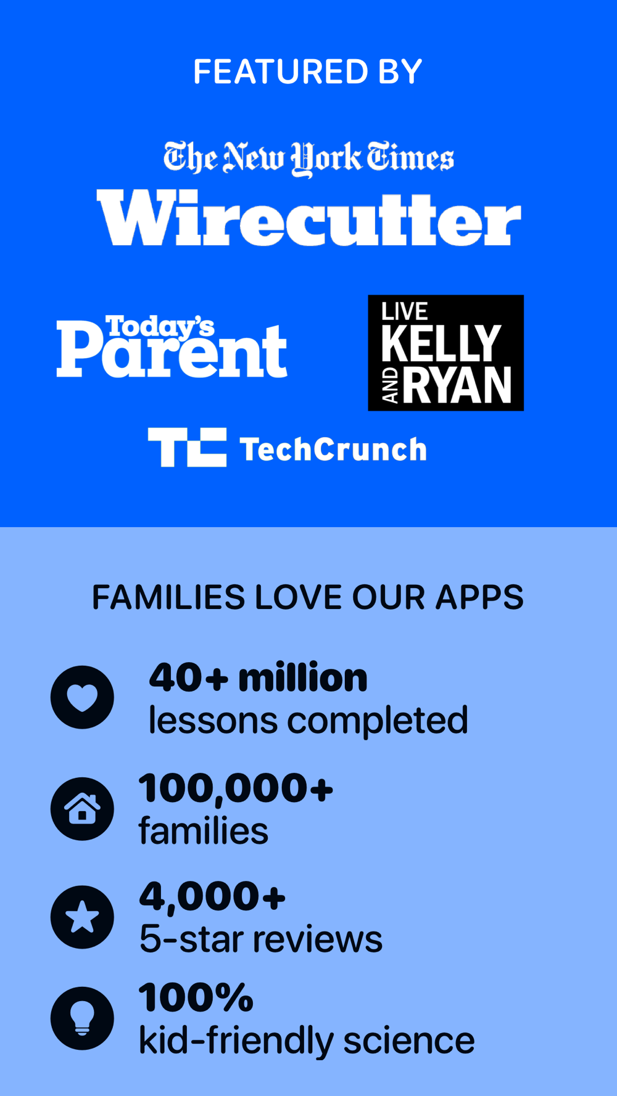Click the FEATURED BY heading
tap(308, 72)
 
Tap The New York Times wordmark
tap(308, 158)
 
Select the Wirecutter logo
tap(309, 218)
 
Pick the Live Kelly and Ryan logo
tap(445, 353)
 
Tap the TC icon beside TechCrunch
tap(187, 447)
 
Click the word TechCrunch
tap(333, 449)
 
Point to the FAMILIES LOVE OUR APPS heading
tap(308, 597)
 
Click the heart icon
tap(82, 697)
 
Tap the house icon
tap(82, 809)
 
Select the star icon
tap(82, 917)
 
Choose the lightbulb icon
tap(82, 1018)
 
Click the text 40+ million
tap(258, 677)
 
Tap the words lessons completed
tap(308, 720)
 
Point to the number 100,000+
tap(236, 788)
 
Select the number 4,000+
tap(212, 896)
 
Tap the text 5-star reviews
tap(261, 939)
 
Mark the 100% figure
tap(196, 997)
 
